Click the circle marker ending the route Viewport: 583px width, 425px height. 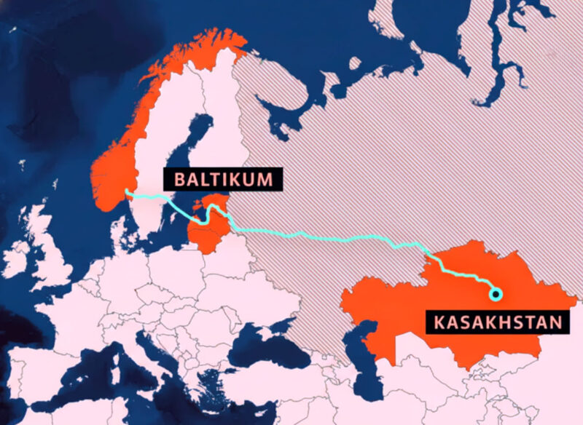point(496,294)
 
